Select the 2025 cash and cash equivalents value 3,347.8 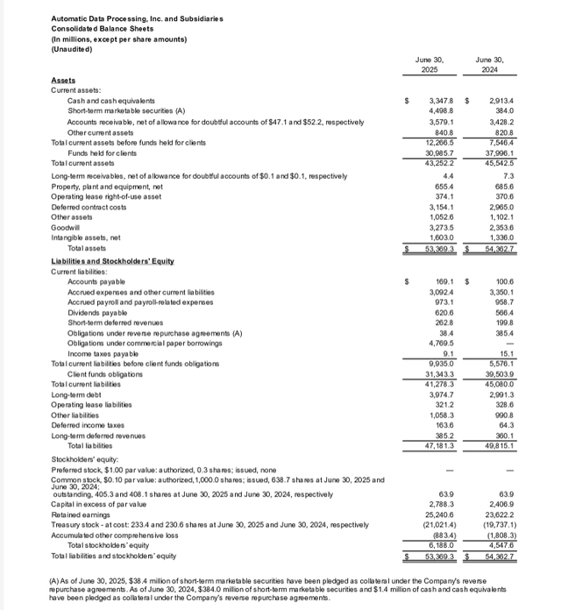(433, 102)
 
